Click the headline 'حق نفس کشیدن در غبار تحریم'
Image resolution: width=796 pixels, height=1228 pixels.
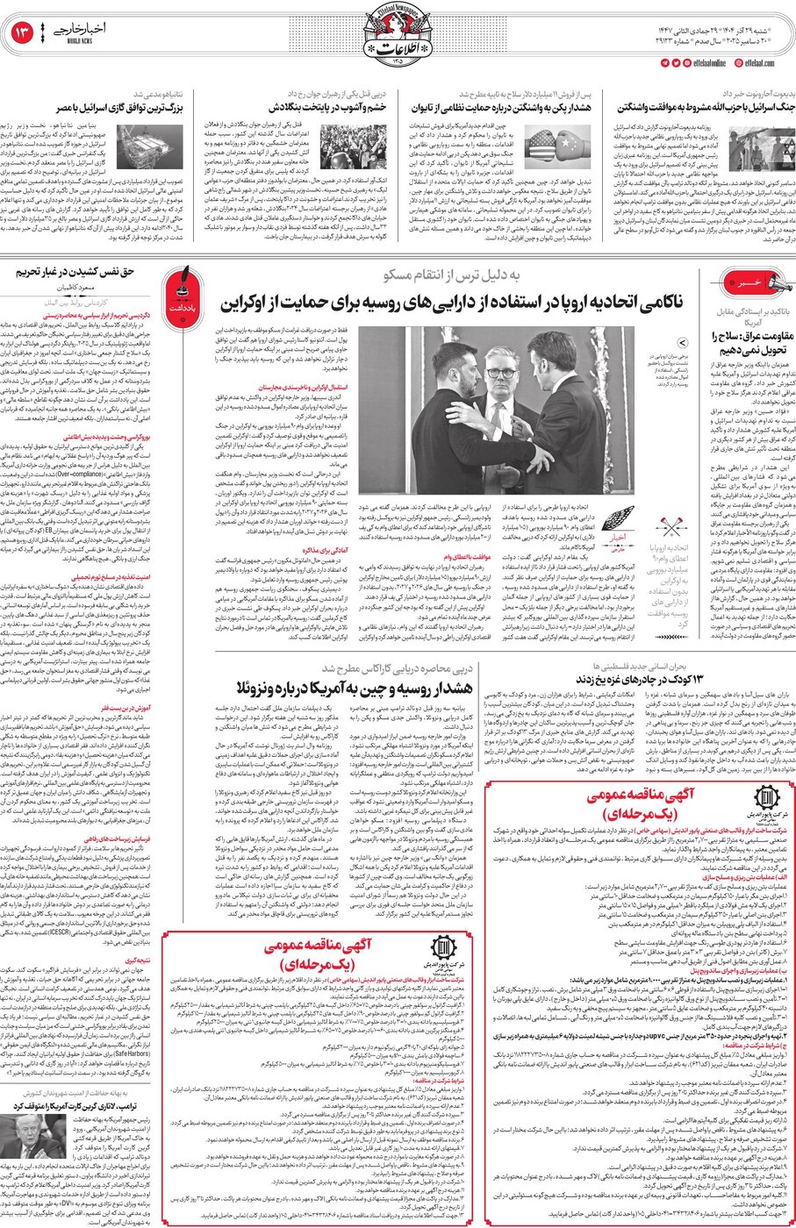click(x=76, y=272)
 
